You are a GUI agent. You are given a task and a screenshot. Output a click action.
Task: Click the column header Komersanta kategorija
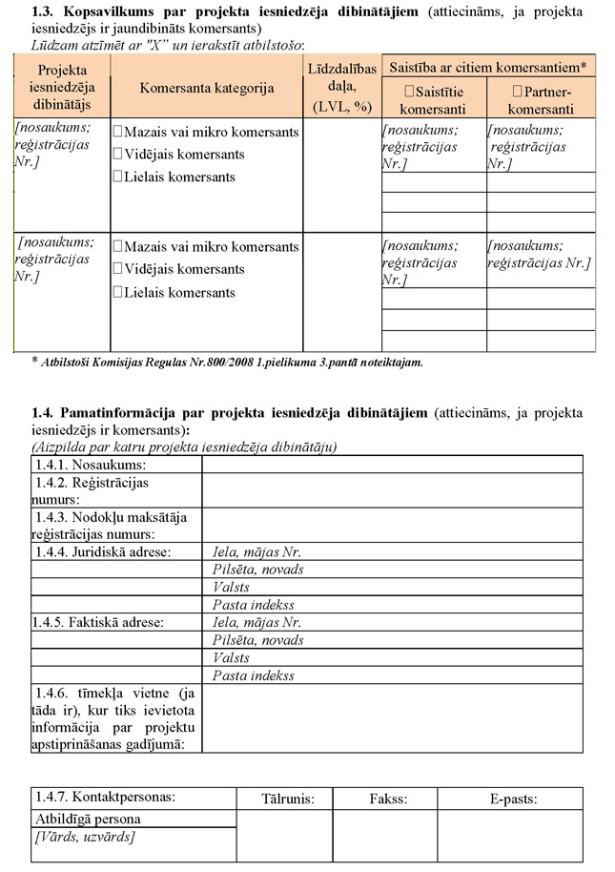(206, 88)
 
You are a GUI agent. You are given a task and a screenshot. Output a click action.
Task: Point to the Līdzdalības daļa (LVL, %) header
(341, 87)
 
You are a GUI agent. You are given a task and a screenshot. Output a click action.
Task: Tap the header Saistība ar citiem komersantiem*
(487, 66)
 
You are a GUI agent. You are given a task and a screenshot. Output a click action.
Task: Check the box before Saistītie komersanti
(409, 92)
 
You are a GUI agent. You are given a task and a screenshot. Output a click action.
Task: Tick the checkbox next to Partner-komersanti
(517, 92)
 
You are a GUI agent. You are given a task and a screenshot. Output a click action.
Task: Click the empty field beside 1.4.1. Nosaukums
(391, 465)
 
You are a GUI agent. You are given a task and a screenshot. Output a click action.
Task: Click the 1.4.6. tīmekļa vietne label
(114, 717)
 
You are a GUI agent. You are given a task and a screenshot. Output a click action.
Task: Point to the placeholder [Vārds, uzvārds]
(84, 837)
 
